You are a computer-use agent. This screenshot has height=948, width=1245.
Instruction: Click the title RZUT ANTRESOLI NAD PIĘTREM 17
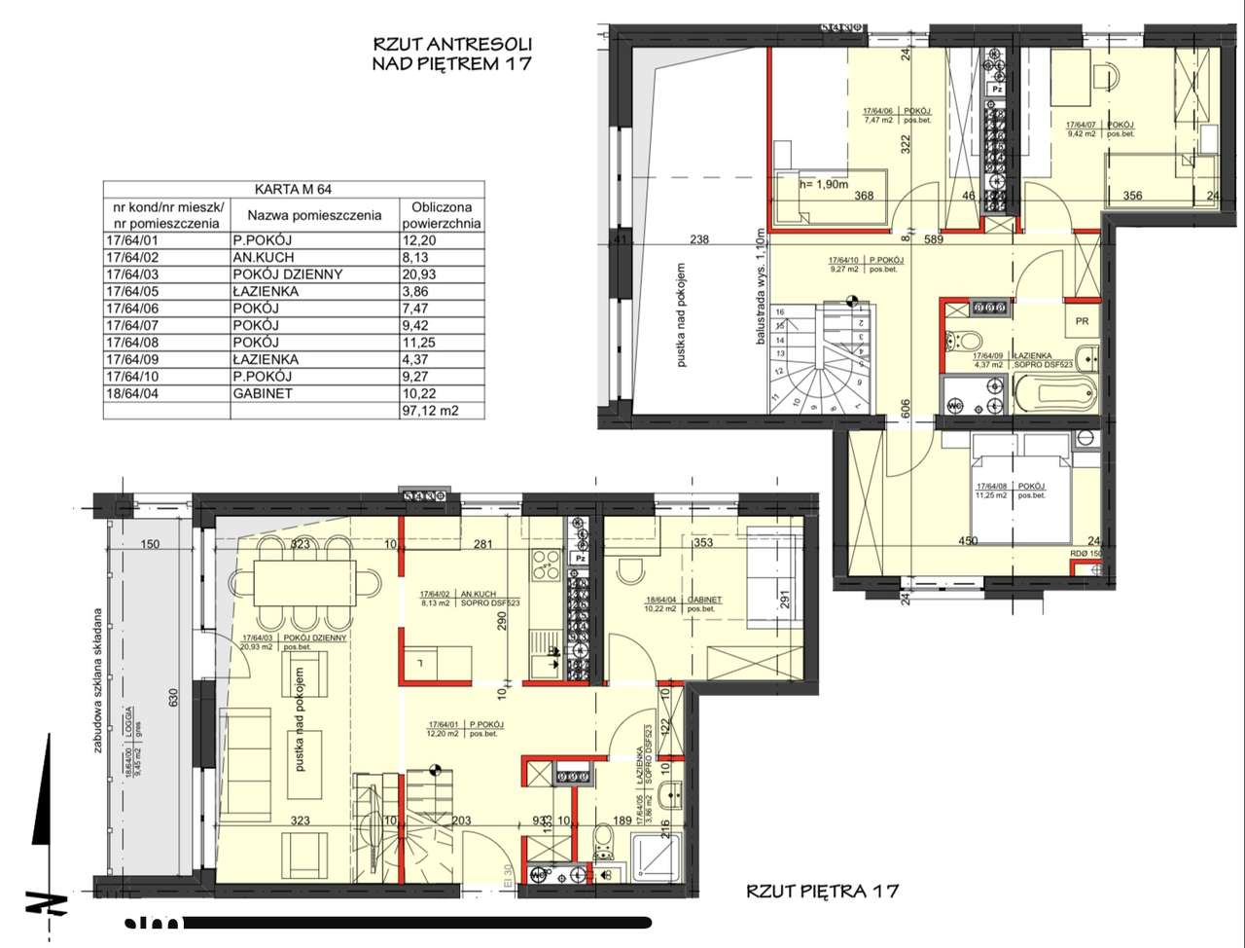pyautogui.click(x=452, y=55)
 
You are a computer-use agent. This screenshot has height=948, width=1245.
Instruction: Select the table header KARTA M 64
pyautogui.click(x=293, y=190)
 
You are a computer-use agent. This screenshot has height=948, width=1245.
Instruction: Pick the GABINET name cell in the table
pyautogui.click(x=263, y=393)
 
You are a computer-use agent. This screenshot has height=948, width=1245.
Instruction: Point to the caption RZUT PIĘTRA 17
pyautogui.click(x=822, y=890)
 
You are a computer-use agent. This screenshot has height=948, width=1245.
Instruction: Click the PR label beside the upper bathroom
pyautogui.click(x=1082, y=320)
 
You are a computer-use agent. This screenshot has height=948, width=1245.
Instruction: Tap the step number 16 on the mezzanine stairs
pyautogui.click(x=779, y=312)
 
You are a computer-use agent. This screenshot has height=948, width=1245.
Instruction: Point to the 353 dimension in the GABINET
pyautogui.click(x=703, y=543)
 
